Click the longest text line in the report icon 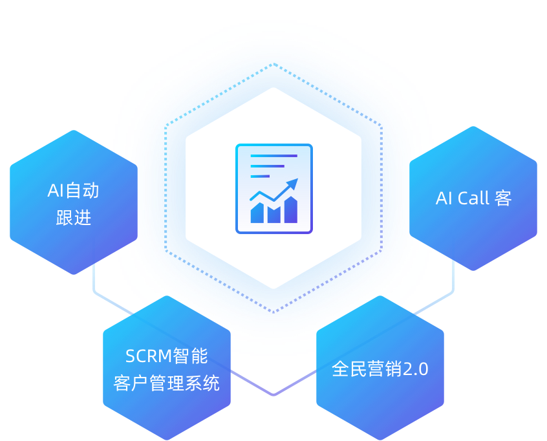pyautogui.click(x=273, y=156)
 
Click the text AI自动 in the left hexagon pyautogui.click(x=73, y=191)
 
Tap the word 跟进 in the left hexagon pyautogui.click(x=73, y=218)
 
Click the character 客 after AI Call pyautogui.click(x=503, y=199)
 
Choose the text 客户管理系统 pyautogui.click(x=166, y=383)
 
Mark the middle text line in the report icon pyautogui.click(x=266, y=166)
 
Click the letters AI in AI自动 pyautogui.click(x=56, y=191)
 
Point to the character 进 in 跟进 pyautogui.click(x=82, y=218)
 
